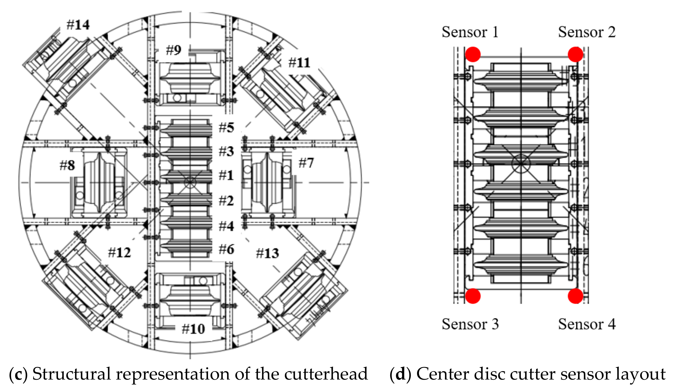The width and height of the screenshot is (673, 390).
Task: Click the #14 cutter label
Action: [x=78, y=25]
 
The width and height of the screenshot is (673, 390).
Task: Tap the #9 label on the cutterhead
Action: [x=173, y=50]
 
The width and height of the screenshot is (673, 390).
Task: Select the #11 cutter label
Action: [x=299, y=63]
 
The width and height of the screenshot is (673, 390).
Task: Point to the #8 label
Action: [x=67, y=165]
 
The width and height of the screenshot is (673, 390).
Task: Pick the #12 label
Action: [x=119, y=252]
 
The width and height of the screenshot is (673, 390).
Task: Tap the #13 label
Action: [x=268, y=253]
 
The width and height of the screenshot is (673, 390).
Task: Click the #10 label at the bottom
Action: [x=193, y=329]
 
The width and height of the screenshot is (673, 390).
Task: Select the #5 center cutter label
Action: [x=226, y=128]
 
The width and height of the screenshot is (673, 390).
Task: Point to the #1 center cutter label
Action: [x=226, y=176]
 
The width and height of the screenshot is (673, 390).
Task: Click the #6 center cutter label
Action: [x=226, y=249]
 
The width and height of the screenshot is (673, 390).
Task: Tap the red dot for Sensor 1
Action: [x=473, y=54]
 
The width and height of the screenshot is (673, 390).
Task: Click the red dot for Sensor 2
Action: [x=575, y=54]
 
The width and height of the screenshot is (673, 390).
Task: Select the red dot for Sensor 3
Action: [x=473, y=296]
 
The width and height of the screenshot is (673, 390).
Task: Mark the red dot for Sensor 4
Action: [x=575, y=296]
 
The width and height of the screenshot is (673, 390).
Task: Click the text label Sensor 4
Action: [x=587, y=324]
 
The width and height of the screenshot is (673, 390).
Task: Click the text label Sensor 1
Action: [x=470, y=32]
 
